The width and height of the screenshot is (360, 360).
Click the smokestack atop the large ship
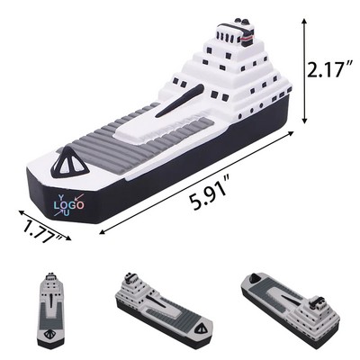[x=238, y=33]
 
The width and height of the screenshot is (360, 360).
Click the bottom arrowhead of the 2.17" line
[x=307, y=119]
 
